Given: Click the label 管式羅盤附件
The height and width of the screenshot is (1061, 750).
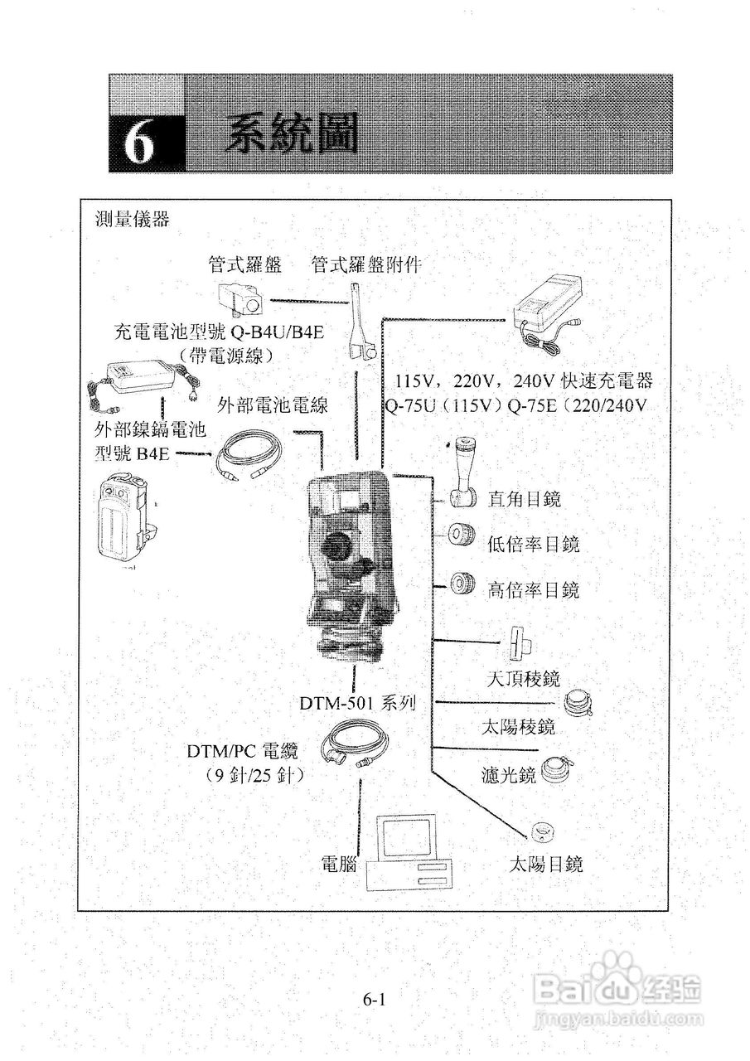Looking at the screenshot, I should pos(366,264).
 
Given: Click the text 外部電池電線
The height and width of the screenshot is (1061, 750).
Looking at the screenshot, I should pos(273,405).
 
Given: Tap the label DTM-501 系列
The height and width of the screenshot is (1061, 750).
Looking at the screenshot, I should pos(357,704).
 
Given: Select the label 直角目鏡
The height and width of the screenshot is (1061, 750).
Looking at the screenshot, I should pos(525,499).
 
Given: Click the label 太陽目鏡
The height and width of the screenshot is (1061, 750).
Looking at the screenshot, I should pos(545,865).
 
